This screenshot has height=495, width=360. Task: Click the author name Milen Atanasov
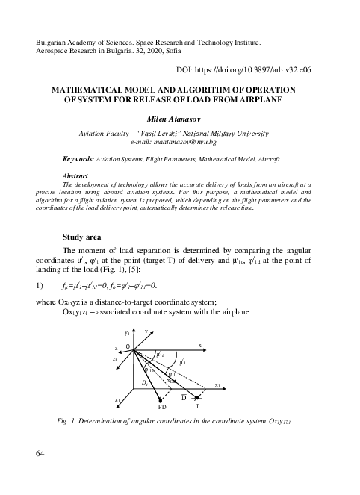pyautogui.click(x=179, y=118)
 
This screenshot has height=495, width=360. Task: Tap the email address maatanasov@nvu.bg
pyautogui.click(x=179, y=140)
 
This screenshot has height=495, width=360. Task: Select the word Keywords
pyautogui.click(x=79, y=160)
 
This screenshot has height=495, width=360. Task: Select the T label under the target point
pyautogui.click(x=197, y=408)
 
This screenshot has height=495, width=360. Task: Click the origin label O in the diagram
pyautogui.click(x=128, y=347)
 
